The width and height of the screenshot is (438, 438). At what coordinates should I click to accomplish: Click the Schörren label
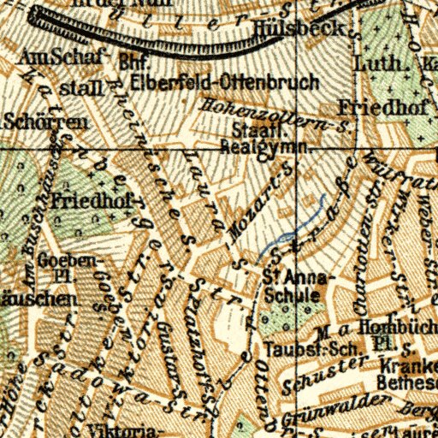44,122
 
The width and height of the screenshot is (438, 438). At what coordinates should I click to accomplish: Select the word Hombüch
383,325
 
